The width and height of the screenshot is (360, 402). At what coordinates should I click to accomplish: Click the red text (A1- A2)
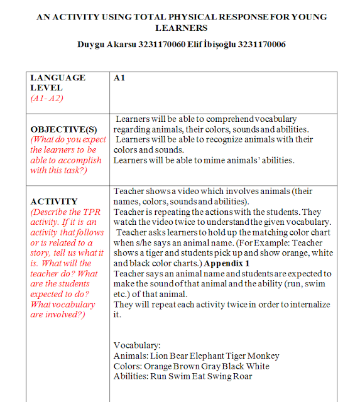pos(48,99)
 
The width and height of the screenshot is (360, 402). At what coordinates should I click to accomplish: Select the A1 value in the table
pos(120,78)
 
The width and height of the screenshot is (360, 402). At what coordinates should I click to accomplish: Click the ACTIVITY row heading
pos(54,202)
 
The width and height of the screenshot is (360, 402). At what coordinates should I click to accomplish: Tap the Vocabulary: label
pos(137,345)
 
